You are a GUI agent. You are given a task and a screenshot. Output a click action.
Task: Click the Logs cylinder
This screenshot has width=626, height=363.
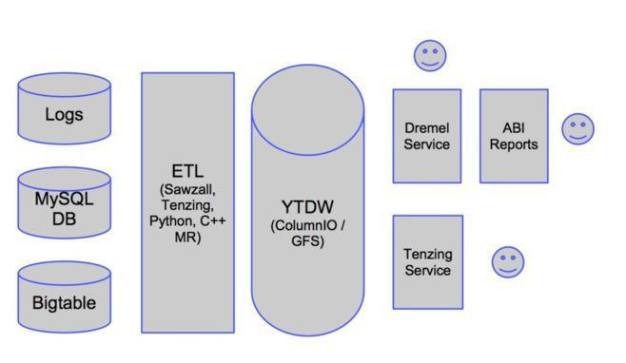(64, 115)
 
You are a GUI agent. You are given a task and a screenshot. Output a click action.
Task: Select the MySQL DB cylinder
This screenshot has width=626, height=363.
(64, 210)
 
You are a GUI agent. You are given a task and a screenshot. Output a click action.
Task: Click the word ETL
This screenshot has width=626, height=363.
(187, 171)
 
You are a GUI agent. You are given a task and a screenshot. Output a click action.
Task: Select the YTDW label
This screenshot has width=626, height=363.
(307, 207)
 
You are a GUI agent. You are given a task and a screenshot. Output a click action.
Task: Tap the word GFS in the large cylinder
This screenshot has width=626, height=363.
(307, 241)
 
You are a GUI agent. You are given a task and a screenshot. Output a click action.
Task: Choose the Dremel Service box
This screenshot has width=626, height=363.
(426, 136)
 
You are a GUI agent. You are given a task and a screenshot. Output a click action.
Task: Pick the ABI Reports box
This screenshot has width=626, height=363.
(514, 136)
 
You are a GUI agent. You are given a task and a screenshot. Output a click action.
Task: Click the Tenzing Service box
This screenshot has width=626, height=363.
(427, 261)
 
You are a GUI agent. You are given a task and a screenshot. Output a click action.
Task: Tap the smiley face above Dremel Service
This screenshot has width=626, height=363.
(430, 56)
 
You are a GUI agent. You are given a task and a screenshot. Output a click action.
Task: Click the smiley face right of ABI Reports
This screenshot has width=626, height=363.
(577, 129)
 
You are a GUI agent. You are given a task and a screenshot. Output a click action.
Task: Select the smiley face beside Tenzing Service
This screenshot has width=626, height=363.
(508, 262)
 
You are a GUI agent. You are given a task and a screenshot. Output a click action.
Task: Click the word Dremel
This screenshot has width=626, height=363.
(426, 128)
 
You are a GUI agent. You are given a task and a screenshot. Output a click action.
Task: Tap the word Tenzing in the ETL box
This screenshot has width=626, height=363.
(187, 205)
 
